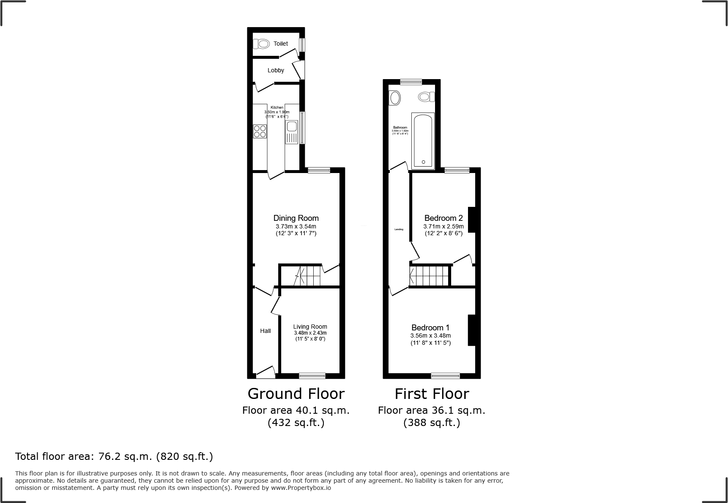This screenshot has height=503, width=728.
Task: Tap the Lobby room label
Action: pyautogui.click(x=276, y=70)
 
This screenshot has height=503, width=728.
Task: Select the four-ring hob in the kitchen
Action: pyautogui.click(x=260, y=132)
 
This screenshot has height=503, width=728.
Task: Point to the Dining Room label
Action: pyautogui.click(x=296, y=218)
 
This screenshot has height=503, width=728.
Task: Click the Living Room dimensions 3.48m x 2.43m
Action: pyautogui.click(x=310, y=333)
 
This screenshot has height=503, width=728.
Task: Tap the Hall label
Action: pyautogui.click(x=265, y=331)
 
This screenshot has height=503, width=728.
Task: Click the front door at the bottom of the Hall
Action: pyautogui.click(x=265, y=372)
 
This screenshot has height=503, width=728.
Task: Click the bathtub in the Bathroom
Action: pyautogui.click(x=423, y=140)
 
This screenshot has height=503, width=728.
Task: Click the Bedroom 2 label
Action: pyautogui.click(x=443, y=218)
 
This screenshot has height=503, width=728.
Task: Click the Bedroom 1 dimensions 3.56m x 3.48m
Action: pyautogui.click(x=430, y=335)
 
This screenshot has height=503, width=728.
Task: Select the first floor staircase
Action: pyautogui.click(x=429, y=276)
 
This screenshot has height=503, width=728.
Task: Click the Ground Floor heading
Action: pyautogui.click(x=296, y=394)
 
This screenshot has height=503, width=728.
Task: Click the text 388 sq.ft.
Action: pyautogui.click(x=432, y=423)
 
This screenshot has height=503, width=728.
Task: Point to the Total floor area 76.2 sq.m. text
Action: pyautogui.click(x=114, y=456)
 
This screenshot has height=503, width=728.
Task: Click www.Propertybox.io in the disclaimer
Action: pyautogui.click(x=301, y=488)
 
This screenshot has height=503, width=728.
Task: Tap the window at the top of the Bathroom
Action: pyautogui.click(x=411, y=82)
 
